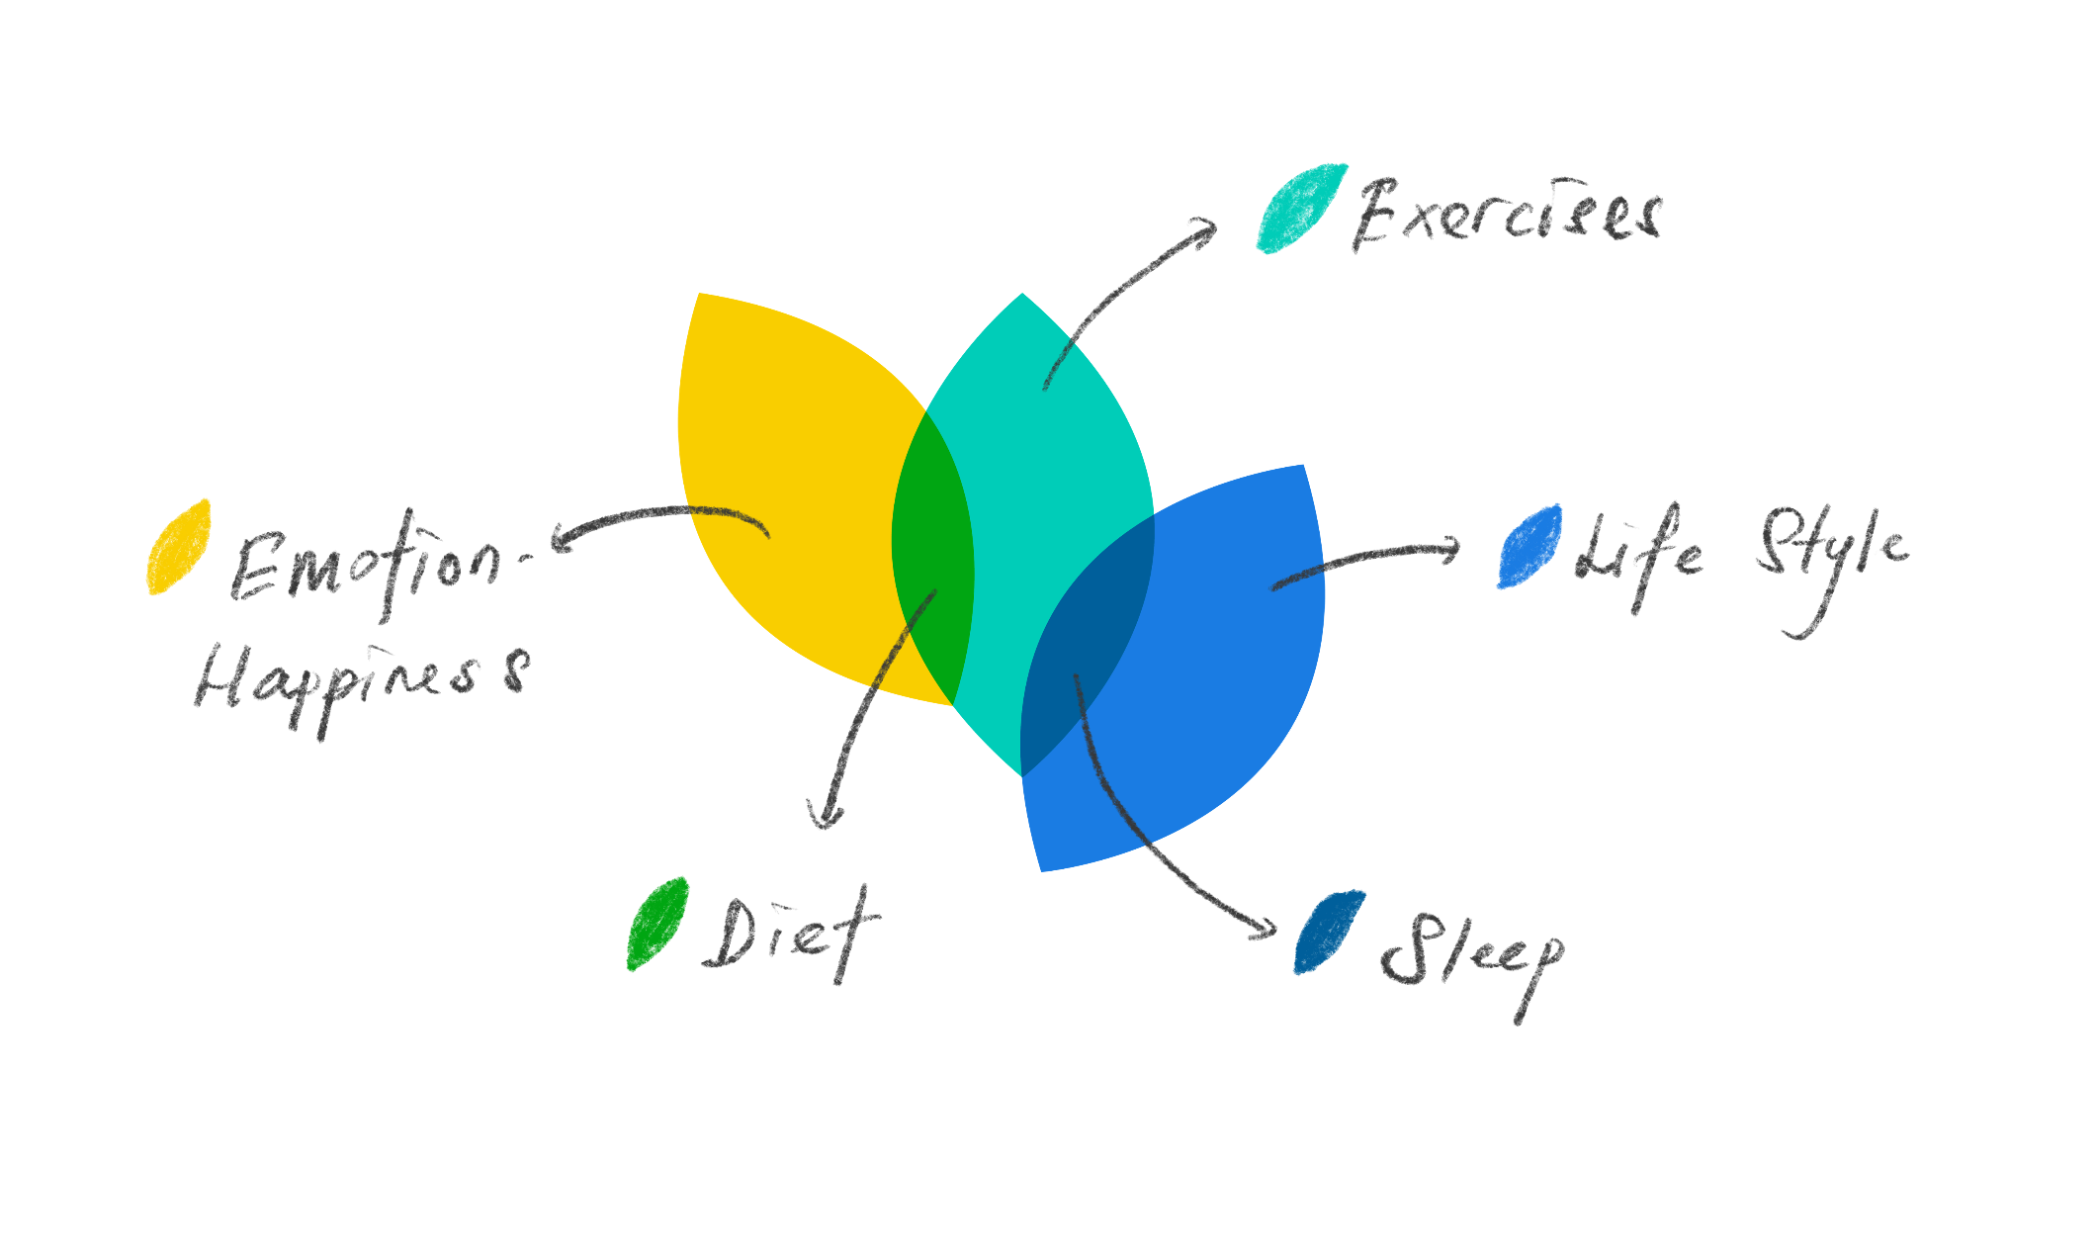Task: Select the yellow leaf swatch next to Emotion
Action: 179,547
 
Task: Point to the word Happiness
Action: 361,678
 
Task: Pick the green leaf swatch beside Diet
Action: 656,924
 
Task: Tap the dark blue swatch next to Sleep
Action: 1329,933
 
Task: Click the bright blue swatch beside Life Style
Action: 1528,546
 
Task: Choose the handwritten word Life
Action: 1637,554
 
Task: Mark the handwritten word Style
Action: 1829,554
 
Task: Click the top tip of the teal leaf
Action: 1022,297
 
